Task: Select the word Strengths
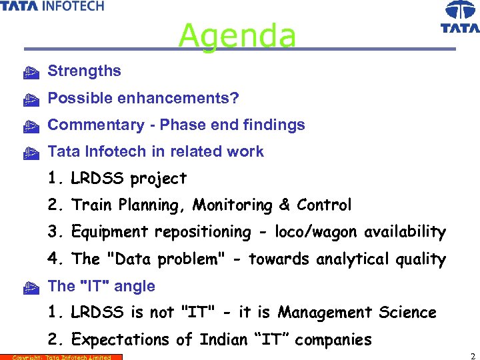tap(85, 71)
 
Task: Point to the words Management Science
tap(357, 313)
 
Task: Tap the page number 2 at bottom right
tap(472, 355)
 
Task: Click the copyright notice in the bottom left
tap(61, 357)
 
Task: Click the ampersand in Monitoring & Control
tap(285, 205)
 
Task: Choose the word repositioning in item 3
tap(202, 233)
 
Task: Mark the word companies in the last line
tap(333, 340)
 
